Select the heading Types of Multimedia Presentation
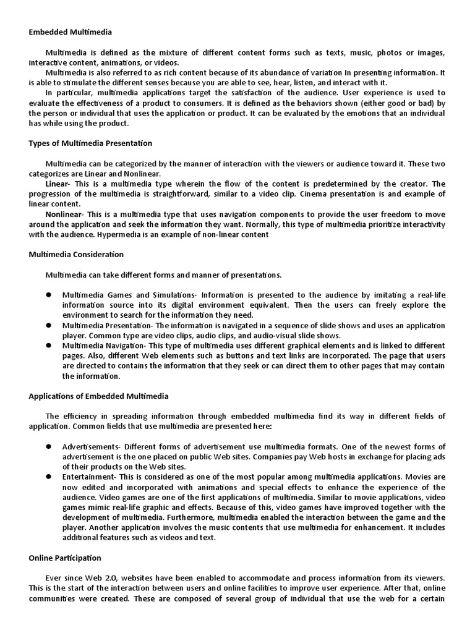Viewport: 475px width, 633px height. pos(90,143)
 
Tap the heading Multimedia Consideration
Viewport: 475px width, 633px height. pos(76,254)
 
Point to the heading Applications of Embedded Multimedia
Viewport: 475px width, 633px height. pos(98,396)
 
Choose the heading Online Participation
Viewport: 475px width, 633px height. pos(65,558)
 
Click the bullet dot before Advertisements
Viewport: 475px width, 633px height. pos(47,447)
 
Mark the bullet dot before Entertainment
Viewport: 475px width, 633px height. pos(47,477)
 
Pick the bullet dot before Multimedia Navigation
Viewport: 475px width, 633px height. pos(47,346)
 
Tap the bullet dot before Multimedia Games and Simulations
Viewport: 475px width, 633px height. pos(47,295)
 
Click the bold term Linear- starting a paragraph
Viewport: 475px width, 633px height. pos(59,184)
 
